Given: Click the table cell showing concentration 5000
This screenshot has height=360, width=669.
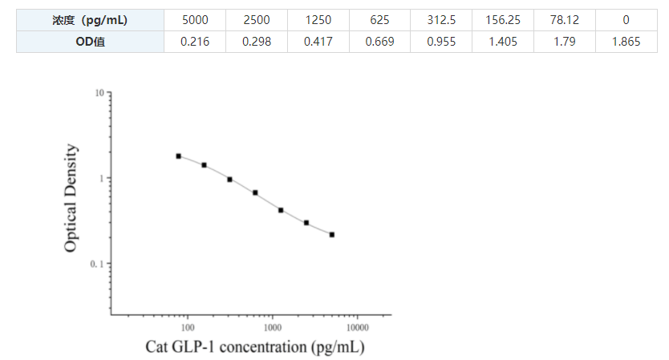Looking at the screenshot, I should click(194, 19).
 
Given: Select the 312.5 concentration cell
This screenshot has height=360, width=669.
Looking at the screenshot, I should click(440, 19).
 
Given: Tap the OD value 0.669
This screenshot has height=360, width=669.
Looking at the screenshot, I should click(379, 42).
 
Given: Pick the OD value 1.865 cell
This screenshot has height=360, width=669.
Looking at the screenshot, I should click(626, 42).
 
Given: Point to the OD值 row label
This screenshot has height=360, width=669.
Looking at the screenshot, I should click(91, 42).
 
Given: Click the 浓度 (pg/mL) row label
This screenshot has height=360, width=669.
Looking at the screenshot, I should click(91, 19).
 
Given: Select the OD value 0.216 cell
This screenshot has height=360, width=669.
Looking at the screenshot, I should click(194, 42).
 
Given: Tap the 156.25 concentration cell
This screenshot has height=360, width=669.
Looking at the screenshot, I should click(504, 19).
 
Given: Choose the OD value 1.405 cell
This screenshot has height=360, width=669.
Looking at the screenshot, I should click(504, 42).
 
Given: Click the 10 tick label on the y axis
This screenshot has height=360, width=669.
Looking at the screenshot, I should click(99, 94).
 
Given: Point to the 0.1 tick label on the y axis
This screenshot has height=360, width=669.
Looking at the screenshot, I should click(97, 264).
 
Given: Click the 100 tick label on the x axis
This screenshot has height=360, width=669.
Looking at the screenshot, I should click(188, 327).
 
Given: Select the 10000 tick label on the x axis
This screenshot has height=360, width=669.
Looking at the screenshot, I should click(358, 327).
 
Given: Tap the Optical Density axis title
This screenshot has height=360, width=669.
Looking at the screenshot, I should click(72, 198).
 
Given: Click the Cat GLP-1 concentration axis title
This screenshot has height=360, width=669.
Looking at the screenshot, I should click(254, 347).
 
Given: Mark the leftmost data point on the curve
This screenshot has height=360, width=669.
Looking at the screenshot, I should click(179, 156).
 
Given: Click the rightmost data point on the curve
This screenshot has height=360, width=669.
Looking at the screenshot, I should click(332, 235).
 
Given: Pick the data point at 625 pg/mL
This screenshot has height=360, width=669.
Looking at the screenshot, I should click(255, 192).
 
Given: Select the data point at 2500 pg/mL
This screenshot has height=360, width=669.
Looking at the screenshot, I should click(306, 223).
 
